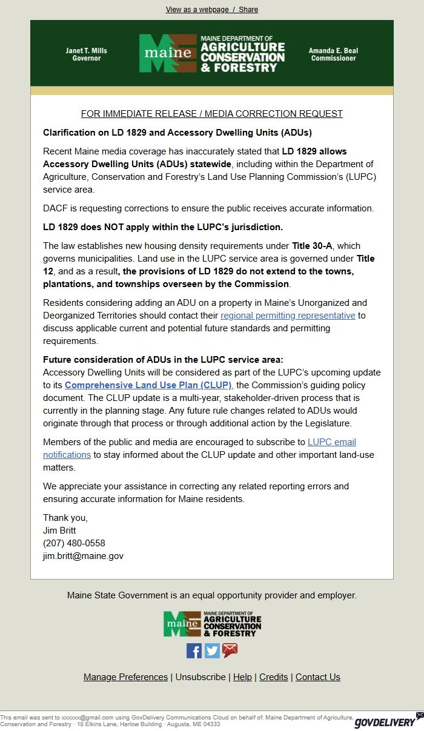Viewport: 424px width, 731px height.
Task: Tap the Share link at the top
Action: coord(248,10)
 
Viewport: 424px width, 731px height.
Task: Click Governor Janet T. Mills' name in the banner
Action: coord(86,51)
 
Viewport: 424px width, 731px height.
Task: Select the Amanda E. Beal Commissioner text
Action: coord(333,55)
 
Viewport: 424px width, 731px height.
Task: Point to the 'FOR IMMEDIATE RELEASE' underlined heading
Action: coord(212,114)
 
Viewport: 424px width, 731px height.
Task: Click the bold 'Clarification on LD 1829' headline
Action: coord(177,132)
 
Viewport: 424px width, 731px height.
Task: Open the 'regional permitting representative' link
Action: coord(288,316)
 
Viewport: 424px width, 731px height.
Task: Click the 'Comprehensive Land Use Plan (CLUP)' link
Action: coord(148,385)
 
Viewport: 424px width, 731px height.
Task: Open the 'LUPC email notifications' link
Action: coord(331,442)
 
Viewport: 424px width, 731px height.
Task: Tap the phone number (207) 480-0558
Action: coord(74,543)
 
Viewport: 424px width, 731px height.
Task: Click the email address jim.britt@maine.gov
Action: coord(83,556)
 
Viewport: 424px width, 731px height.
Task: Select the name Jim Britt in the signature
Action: coord(59,531)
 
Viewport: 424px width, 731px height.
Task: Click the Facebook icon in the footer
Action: coord(194,651)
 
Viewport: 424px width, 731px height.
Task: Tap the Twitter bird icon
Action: coord(212,651)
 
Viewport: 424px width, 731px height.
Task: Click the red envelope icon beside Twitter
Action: coord(230,651)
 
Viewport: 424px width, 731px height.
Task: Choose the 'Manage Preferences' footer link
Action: coord(125,677)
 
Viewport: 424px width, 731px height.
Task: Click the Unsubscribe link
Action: coord(200,677)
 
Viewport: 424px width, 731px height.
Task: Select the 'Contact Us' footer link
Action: coord(317,677)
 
